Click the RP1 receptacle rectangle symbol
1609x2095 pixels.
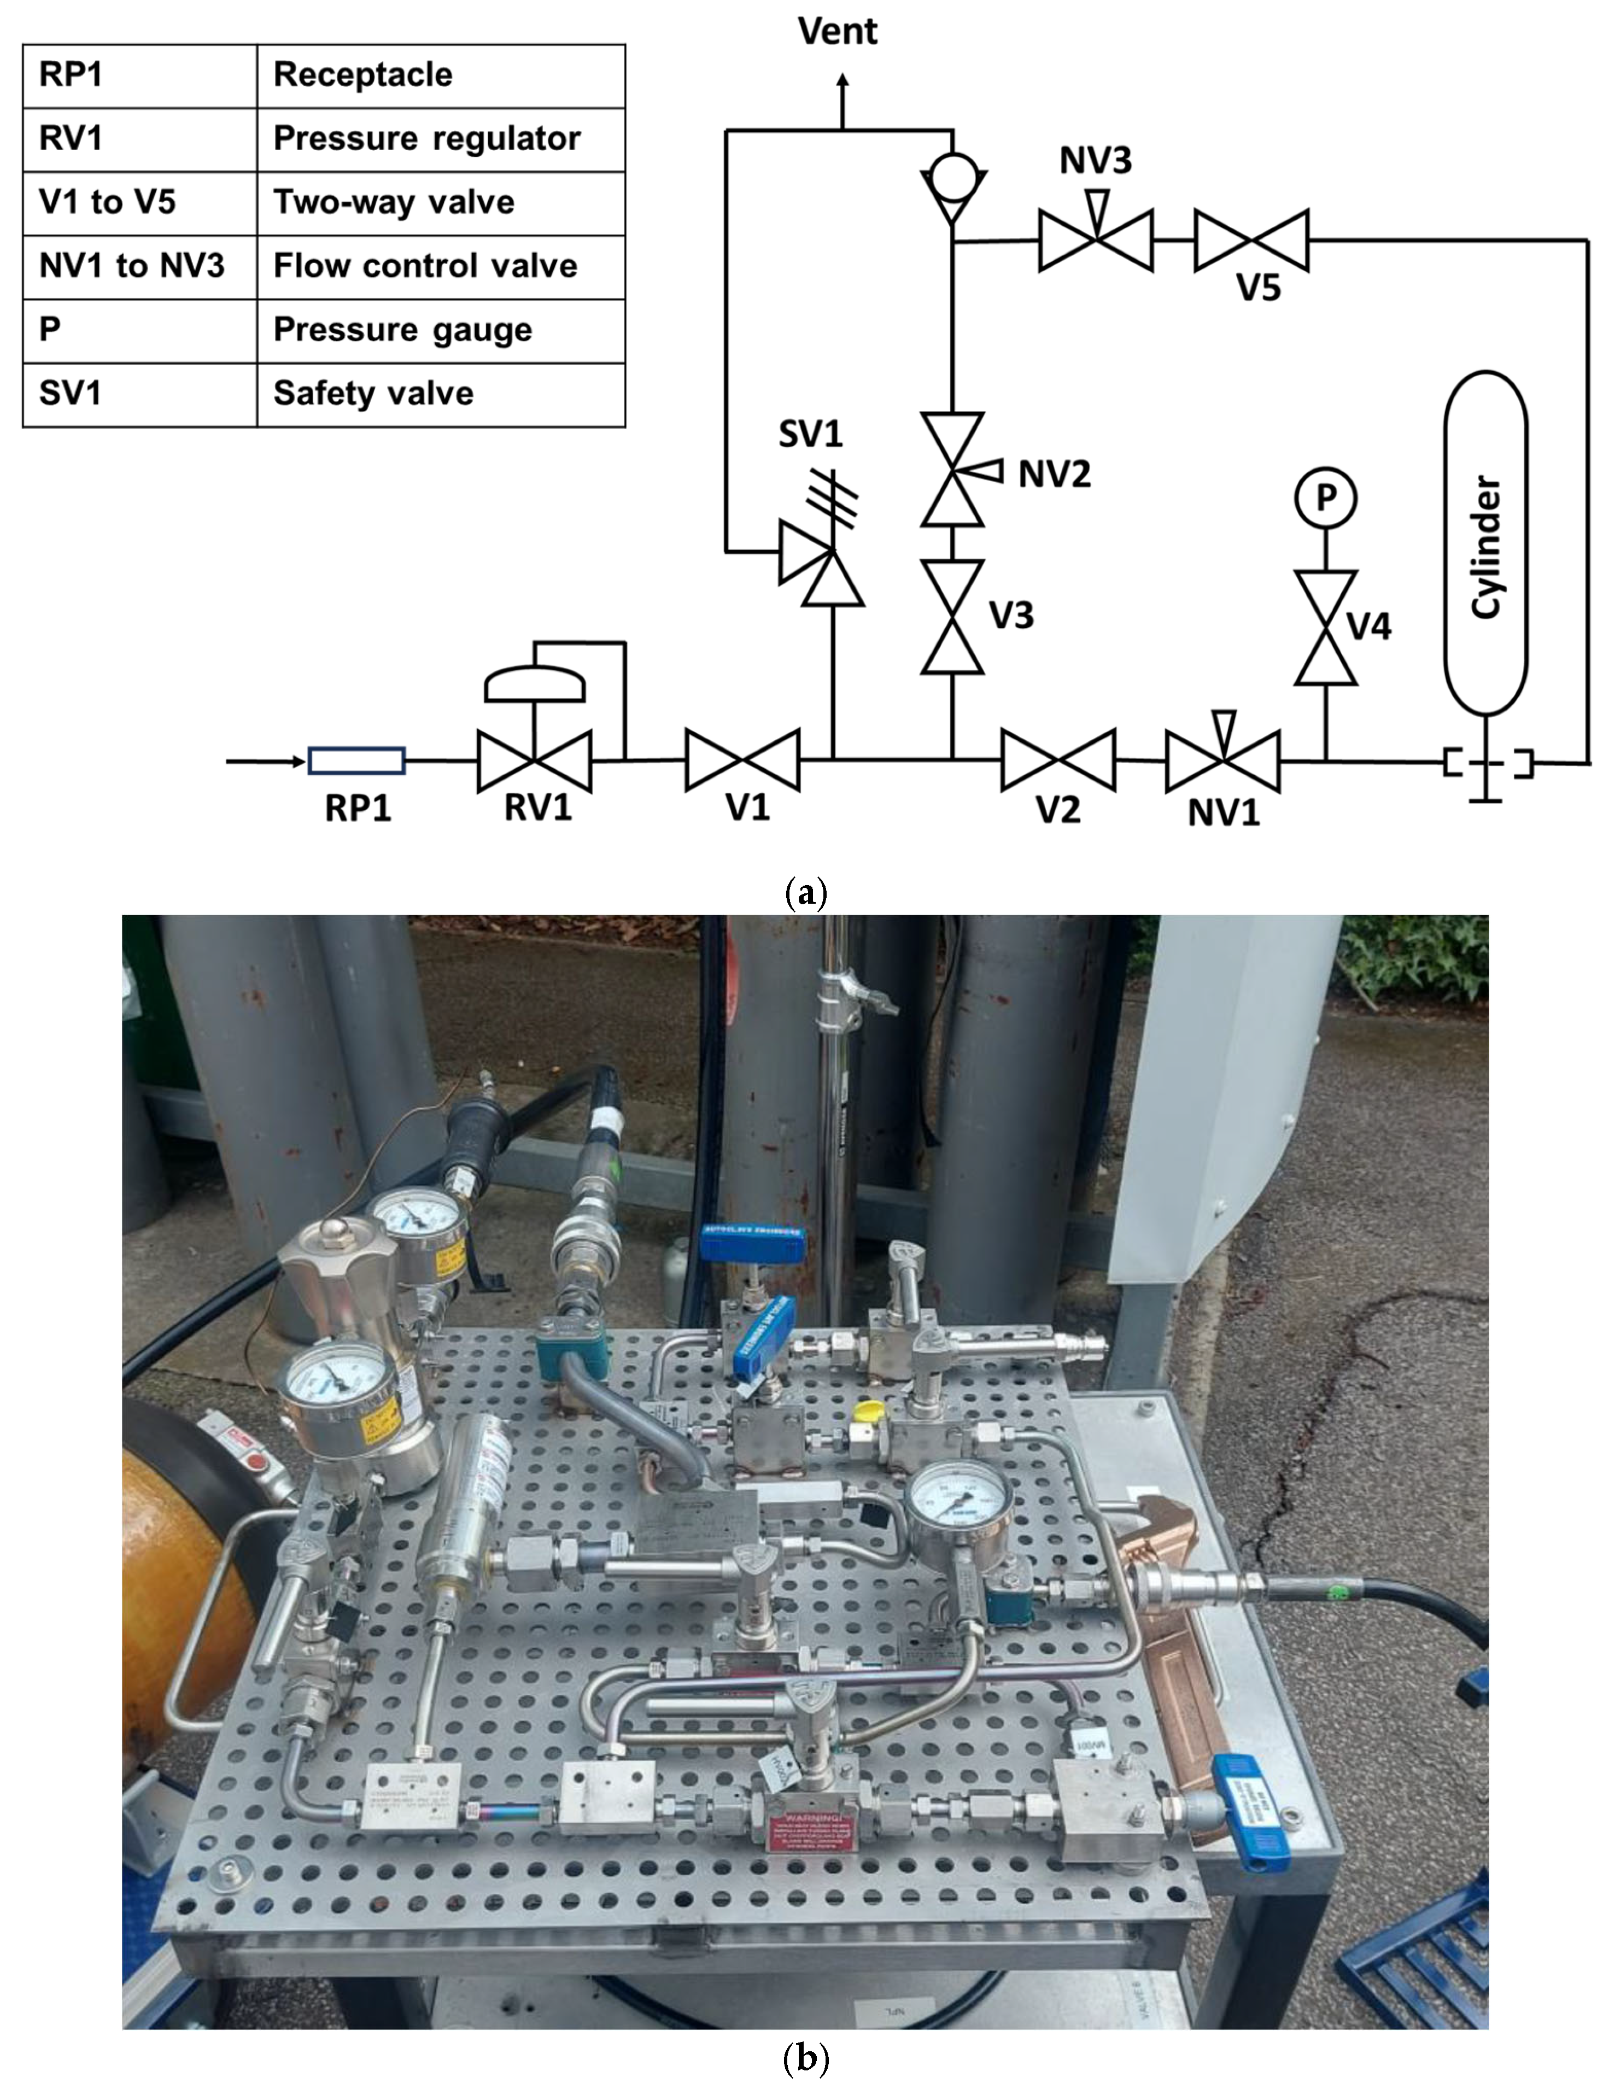[356, 761]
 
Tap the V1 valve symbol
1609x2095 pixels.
[742, 760]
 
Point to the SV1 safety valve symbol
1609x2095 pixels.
[821, 565]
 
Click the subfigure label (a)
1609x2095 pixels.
[805, 894]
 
